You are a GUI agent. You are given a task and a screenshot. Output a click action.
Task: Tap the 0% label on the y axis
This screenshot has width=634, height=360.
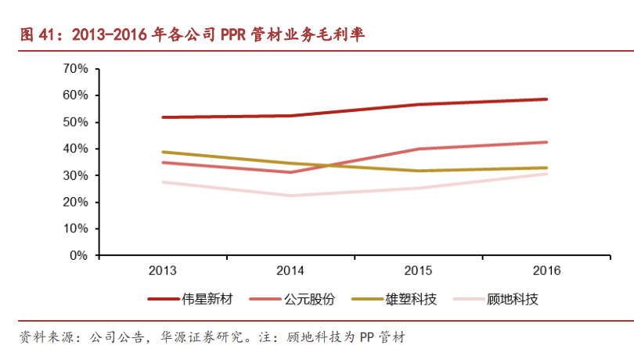click(x=78, y=255)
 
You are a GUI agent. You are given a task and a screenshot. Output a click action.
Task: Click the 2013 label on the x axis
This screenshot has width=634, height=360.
click(x=162, y=271)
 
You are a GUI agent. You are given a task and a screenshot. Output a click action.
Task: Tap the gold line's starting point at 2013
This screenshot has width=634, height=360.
click(x=162, y=152)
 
